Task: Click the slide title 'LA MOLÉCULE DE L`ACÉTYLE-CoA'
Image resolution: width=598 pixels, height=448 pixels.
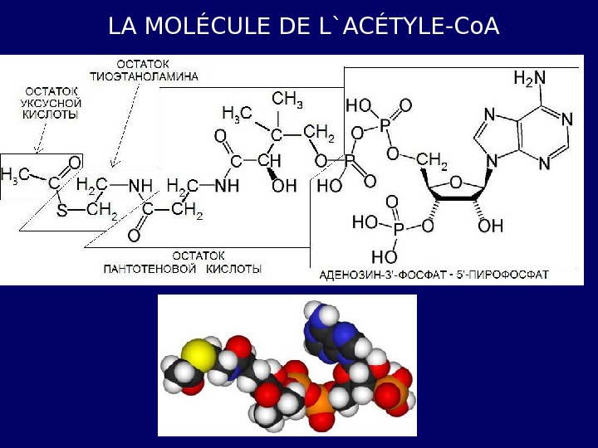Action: point(303,27)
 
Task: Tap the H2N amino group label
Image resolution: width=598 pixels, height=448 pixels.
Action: point(529,79)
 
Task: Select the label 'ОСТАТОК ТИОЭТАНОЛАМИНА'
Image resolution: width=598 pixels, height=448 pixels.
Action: point(155,70)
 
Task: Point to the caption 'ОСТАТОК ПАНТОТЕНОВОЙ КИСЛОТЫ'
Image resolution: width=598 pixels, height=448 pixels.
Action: point(183,262)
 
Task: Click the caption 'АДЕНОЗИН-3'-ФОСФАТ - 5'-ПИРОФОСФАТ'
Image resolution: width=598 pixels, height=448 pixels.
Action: point(434,274)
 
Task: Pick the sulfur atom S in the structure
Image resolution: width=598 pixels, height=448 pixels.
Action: point(61,212)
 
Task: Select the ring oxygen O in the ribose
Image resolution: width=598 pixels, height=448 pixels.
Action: point(456,182)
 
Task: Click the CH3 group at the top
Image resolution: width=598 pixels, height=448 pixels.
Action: point(287,100)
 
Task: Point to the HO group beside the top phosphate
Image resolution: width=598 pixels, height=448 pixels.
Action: point(359,106)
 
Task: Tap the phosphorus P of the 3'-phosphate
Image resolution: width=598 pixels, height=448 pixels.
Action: point(398,227)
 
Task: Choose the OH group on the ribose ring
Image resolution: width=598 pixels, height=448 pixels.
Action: point(490,225)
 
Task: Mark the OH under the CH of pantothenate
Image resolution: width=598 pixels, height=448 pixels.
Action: point(285,187)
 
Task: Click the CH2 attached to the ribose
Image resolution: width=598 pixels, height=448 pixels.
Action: point(432,158)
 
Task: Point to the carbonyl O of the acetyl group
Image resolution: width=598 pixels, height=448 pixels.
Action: point(74,163)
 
